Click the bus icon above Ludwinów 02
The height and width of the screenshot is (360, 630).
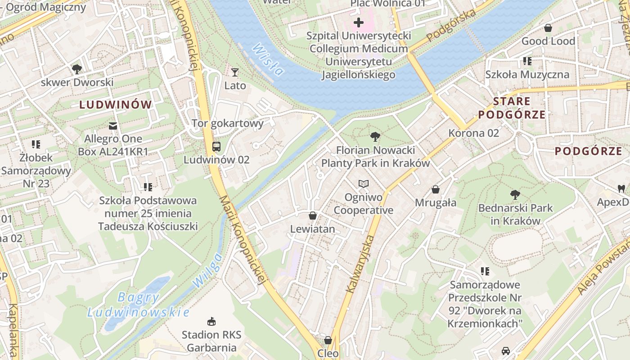click(216, 146)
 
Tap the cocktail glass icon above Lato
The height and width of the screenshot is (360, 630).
click(234, 72)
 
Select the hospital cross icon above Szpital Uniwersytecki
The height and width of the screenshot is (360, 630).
click(359, 22)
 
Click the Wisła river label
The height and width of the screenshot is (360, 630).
click(268, 59)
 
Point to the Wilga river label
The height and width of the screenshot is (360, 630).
click(207, 270)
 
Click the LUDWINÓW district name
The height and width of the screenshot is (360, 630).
click(116, 105)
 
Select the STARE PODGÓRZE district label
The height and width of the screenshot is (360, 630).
click(512, 108)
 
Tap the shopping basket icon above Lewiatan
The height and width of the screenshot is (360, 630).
click(313, 216)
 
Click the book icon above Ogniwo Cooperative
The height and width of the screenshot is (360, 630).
click(363, 184)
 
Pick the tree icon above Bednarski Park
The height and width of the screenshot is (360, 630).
click(515, 195)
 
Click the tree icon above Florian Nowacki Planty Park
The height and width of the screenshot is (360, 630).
click(375, 137)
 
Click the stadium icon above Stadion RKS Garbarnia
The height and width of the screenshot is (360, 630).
click(211, 321)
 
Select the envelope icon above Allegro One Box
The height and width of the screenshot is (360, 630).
click(113, 126)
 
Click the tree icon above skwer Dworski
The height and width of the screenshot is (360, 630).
click(77, 69)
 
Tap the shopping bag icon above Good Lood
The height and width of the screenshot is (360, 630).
click(548, 28)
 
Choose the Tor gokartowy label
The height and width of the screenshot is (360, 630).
click(228, 123)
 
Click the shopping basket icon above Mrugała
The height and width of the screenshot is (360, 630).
click(435, 189)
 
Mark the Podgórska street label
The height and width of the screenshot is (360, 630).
click(451, 26)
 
